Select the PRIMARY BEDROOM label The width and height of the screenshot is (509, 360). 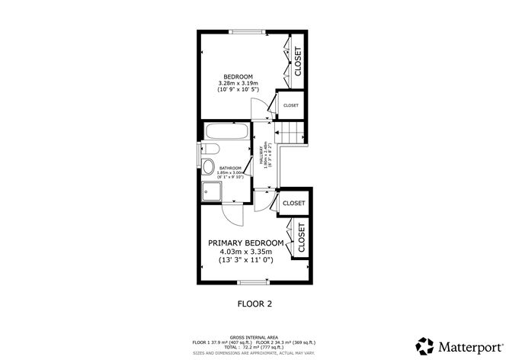point(245,243)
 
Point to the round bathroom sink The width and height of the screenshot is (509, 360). point(210,167)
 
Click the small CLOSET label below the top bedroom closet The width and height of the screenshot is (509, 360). point(291,105)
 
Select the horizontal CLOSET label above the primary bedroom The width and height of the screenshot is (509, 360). point(293,204)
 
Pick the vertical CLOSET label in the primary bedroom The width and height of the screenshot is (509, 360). point(301,238)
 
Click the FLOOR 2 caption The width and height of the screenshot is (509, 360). point(254,304)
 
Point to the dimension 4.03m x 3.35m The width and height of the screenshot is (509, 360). point(245,252)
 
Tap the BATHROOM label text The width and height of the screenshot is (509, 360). point(230,168)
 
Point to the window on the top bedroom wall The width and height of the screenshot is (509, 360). point(245,31)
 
